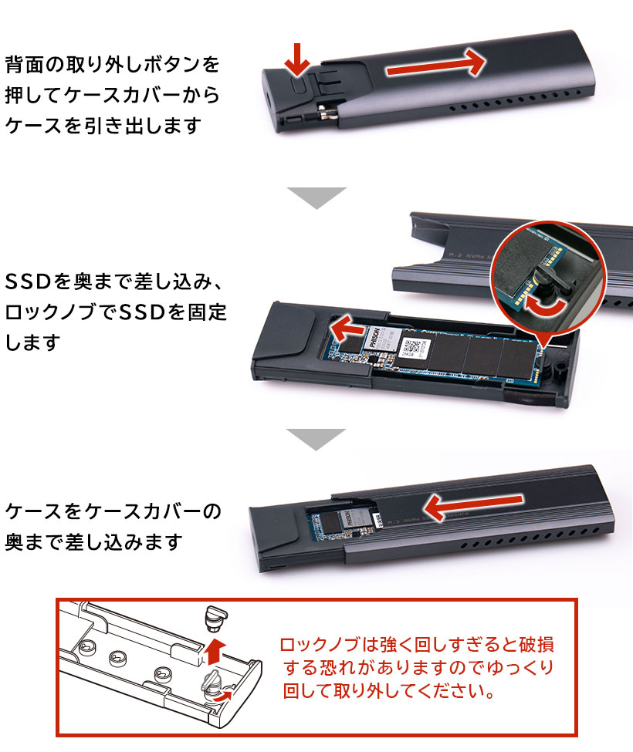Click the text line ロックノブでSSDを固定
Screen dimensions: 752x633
pyautogui.click(x=116, y=312)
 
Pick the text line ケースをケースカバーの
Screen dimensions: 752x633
pyautogui.click(x=113, y=511)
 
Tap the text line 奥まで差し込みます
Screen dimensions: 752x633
pyautogui.click(x=93, y=542)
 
